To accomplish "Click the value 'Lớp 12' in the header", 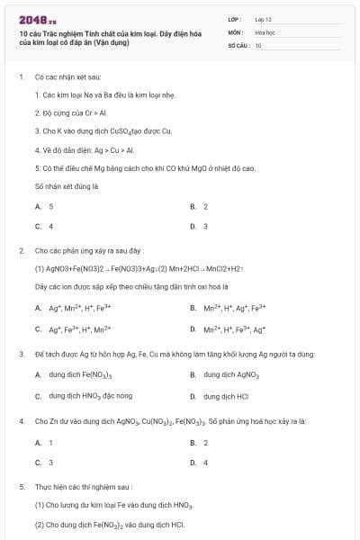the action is click(263, 19).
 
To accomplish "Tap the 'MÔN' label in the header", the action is click(235, 31).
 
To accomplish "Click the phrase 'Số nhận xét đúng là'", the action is click(66, 185).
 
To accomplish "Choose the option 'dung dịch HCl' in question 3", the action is click(225, 395).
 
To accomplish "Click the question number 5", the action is click(21, 486).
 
